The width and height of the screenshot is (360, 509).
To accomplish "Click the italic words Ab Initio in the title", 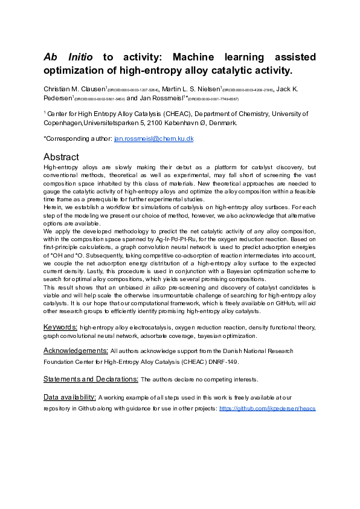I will (68, 57).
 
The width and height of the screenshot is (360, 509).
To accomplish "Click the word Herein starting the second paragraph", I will (53, 207).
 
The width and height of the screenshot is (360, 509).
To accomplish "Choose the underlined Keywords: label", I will (60, 326).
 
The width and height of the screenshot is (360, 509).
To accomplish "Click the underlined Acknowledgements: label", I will (76, 350).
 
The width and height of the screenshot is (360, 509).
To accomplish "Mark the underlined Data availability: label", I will (70, 397).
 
